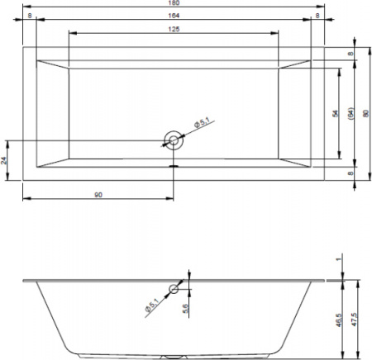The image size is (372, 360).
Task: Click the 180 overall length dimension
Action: point(173,3)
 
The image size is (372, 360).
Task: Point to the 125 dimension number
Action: point(173,29)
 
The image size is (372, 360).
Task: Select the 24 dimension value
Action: point(6,160)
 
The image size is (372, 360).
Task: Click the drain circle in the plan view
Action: point(173,140)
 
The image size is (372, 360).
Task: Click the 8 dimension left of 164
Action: point(29,16)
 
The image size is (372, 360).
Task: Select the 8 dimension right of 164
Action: point(317,16)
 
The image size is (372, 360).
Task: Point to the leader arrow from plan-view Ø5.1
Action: point(187,132)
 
